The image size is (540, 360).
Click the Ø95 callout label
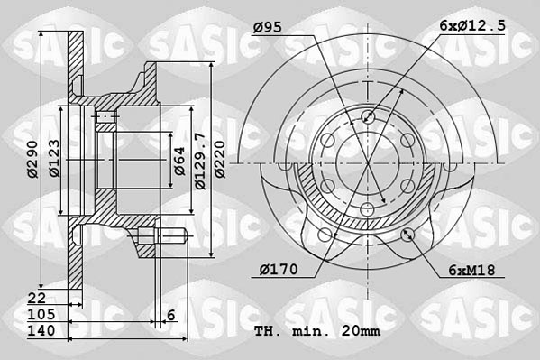268,28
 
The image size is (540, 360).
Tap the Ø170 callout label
276,268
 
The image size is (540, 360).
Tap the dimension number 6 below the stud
170,314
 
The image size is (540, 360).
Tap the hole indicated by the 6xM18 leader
407,235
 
